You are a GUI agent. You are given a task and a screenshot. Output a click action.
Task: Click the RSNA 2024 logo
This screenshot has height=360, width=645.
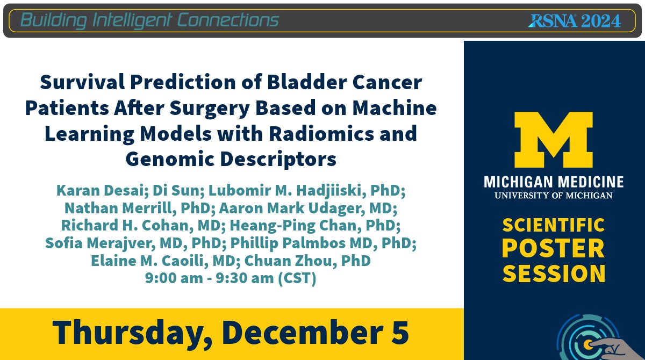tap(574, 20)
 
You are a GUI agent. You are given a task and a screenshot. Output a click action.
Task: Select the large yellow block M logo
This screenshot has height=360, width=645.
tap(554, 140)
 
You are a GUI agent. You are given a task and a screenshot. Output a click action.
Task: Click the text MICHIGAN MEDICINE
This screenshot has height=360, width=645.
tap(554, 182)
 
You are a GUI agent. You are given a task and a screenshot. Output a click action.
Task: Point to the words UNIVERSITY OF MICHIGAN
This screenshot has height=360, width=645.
tap(554, 195)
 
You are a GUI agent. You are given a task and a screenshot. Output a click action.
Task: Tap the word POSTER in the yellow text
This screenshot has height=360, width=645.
tap(554, 249)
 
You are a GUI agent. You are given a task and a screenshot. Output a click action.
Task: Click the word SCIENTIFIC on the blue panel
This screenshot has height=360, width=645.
tap(554, 225)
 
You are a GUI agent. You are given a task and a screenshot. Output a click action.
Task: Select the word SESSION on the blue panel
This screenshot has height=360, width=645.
tap(554, 273)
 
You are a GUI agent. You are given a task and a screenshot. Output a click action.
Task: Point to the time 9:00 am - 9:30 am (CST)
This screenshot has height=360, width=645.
tap(231, 279)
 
